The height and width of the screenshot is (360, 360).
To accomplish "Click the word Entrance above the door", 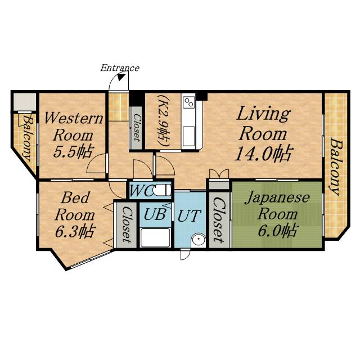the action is pyautogui.click(x=120, y=68).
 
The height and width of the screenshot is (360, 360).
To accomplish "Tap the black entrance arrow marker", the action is pyautogui.click(x=120, y=78).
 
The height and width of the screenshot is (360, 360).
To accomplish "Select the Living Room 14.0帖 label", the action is pyautogui.click(x=264, y=134).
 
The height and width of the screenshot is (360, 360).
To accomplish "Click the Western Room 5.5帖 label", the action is pyautogui.click(x=73, y=135).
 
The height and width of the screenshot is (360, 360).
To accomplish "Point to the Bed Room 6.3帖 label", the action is pyautogui.click(x=75, y=215).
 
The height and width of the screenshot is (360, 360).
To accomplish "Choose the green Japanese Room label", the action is pyautogui.click(x=277, y=214).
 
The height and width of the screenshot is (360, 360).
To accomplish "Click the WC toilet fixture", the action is pyautogui.click(x=162, y=190).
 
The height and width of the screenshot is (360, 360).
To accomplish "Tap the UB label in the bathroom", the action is pyautogui.click(x=155, y=214).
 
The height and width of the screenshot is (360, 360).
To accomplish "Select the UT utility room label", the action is pyautogui.click(x=190, y=215).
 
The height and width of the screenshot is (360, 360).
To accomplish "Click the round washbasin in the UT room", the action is pyautogui.click(x=199, y=240).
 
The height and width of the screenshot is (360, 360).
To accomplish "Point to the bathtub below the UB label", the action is pyautogui.click(x=155, y=237).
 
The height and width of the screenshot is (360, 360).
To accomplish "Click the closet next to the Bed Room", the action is pyautogui.click(x=127, y=225).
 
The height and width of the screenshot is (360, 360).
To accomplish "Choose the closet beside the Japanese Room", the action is pyautogui.click(x=219, y=220).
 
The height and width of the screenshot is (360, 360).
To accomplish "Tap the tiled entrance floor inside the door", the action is pyautogui.click(x=119, y=107).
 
